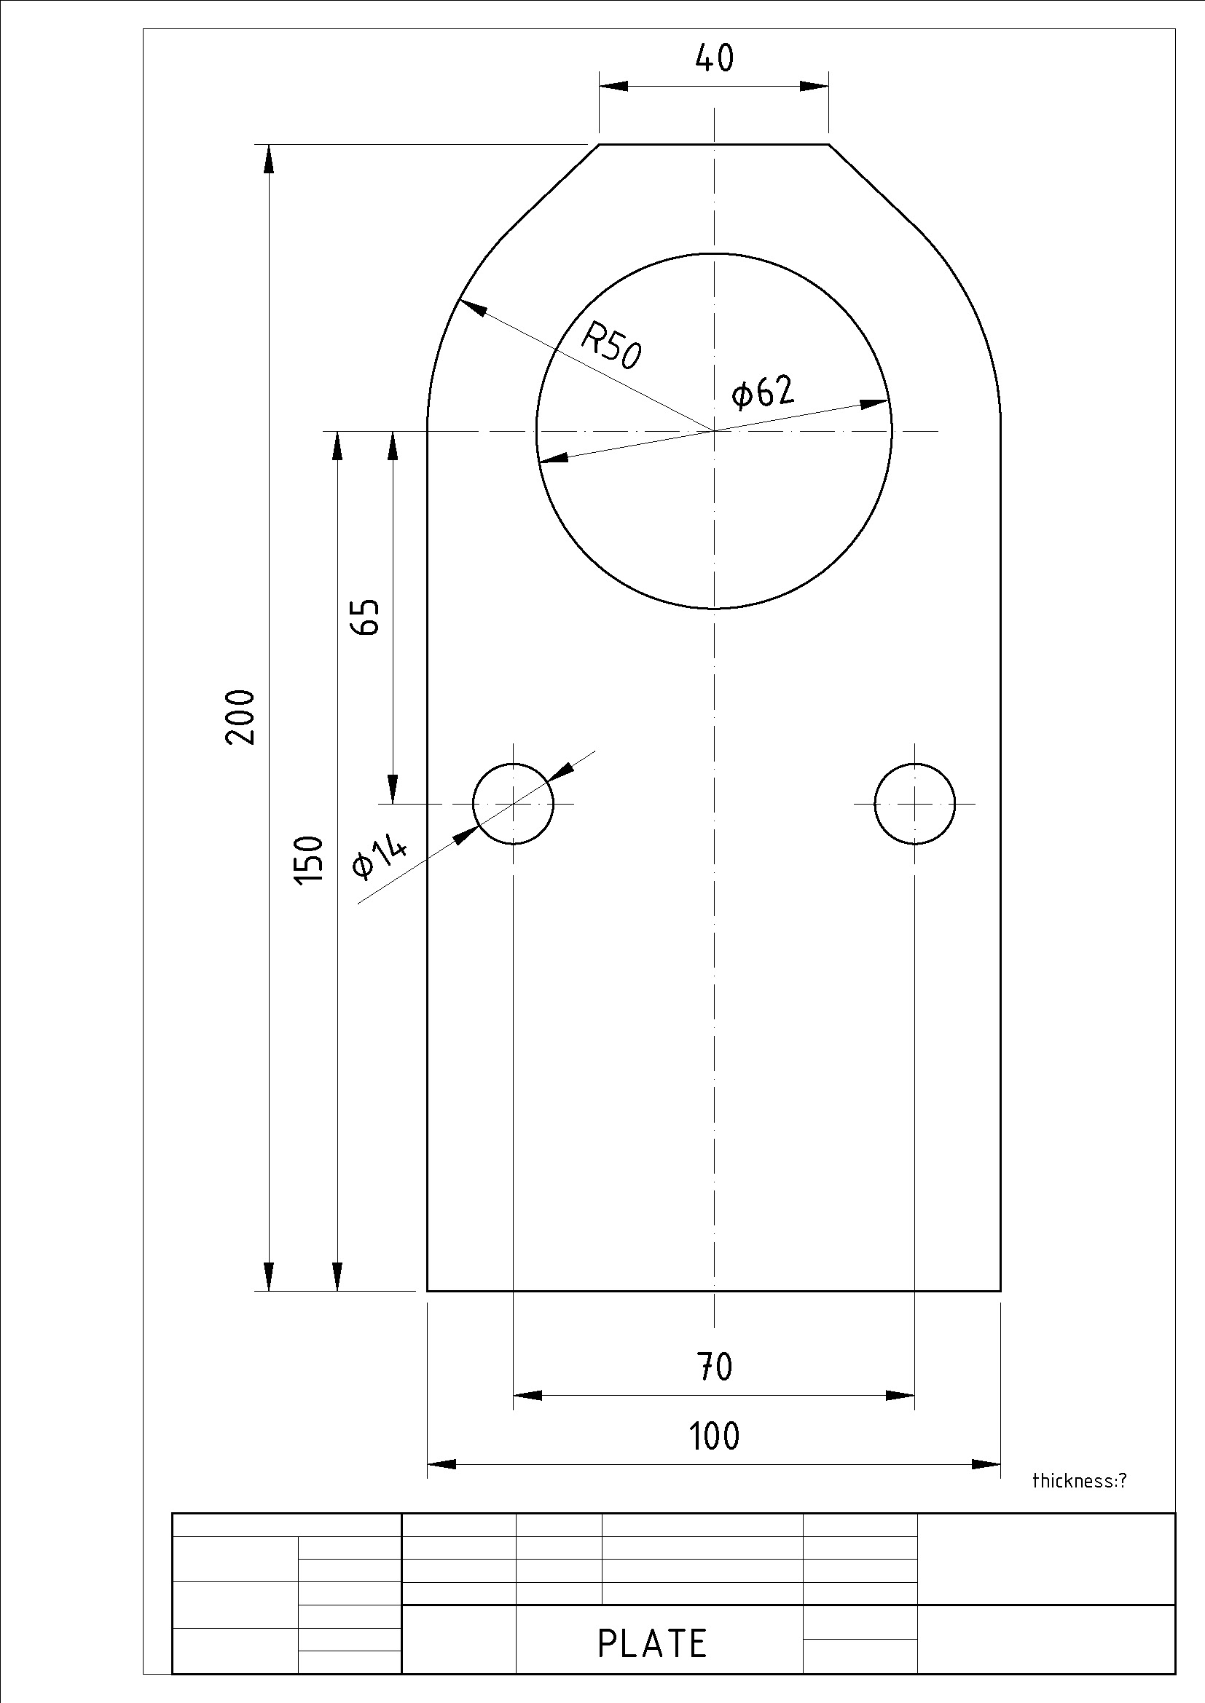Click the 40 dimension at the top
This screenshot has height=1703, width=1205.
[714, 58]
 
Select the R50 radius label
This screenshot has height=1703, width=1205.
[611, 346]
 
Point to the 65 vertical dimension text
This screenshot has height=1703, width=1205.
[365, 617]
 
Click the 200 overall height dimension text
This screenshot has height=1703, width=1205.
[240, 717]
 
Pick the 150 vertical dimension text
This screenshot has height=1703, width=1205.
[310, 859]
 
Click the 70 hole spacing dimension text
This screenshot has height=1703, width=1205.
[714, 1367]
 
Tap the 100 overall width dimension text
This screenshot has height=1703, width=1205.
[714, 1435]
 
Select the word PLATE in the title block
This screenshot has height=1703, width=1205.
[652, 1645]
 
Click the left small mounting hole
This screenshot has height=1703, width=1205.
[513, 803]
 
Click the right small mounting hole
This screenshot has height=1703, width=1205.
[914, 803]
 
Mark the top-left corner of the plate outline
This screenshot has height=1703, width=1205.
[600, 145]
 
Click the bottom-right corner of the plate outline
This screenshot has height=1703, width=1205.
[1000, 1292]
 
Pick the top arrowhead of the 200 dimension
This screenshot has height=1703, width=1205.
[269, 158]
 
